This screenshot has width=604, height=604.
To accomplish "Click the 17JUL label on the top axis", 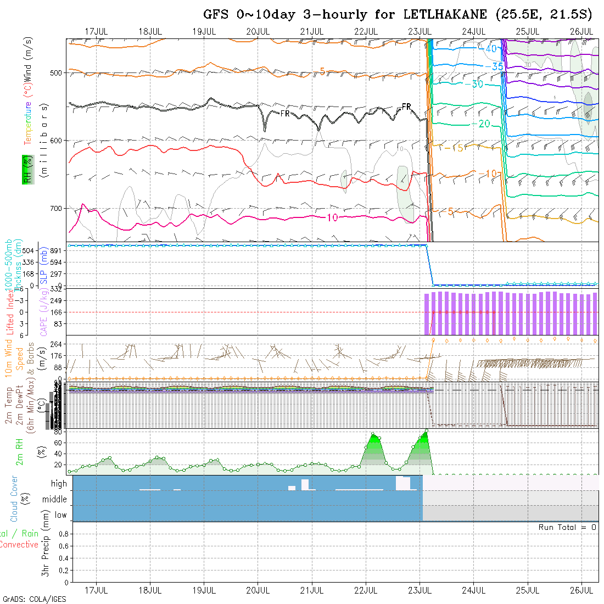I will tap(97, 31).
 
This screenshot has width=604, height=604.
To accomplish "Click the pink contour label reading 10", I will tap(332, 218).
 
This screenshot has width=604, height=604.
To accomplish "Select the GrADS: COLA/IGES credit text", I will tap(34, 599).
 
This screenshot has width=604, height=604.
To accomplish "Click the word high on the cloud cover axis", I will tap(59, 484).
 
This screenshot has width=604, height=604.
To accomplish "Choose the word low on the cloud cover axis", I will tap(60, 515).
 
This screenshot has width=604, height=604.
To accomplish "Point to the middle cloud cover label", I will tap(54, 499).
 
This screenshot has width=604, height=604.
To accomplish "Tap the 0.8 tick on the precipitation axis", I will tap(62, 534).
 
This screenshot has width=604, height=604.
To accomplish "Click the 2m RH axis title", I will tap(20, 451).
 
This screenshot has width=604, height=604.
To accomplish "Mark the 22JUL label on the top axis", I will tap(366, 31).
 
